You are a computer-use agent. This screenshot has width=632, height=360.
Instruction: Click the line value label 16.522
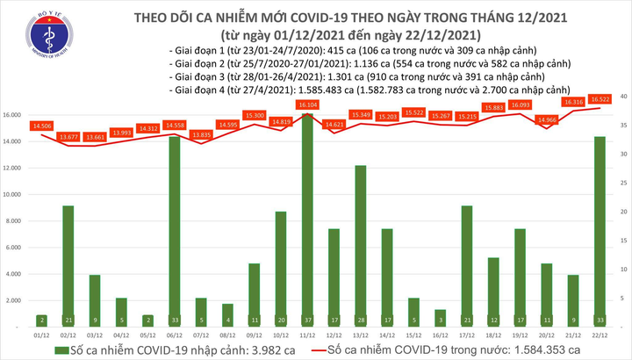click(x=600, y=99)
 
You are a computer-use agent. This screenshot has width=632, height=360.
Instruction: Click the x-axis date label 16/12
click(x=440, y=335)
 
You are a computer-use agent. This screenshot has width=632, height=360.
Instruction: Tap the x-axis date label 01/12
click(x=41, y=335)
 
